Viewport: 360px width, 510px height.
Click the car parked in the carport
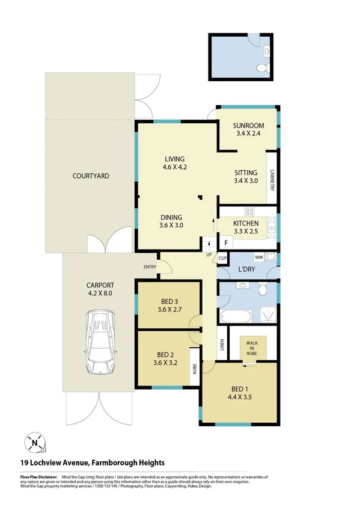(100, 341)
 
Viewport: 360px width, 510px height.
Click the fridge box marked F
(225, 243)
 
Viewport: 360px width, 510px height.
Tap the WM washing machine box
(259, 257)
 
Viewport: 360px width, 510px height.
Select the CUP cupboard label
(222, 259)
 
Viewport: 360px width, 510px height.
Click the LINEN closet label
(221, 343)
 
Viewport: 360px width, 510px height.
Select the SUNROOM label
(248, 125)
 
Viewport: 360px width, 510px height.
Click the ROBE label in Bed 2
(194, 368)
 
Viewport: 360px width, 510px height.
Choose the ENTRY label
(150, 266)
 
